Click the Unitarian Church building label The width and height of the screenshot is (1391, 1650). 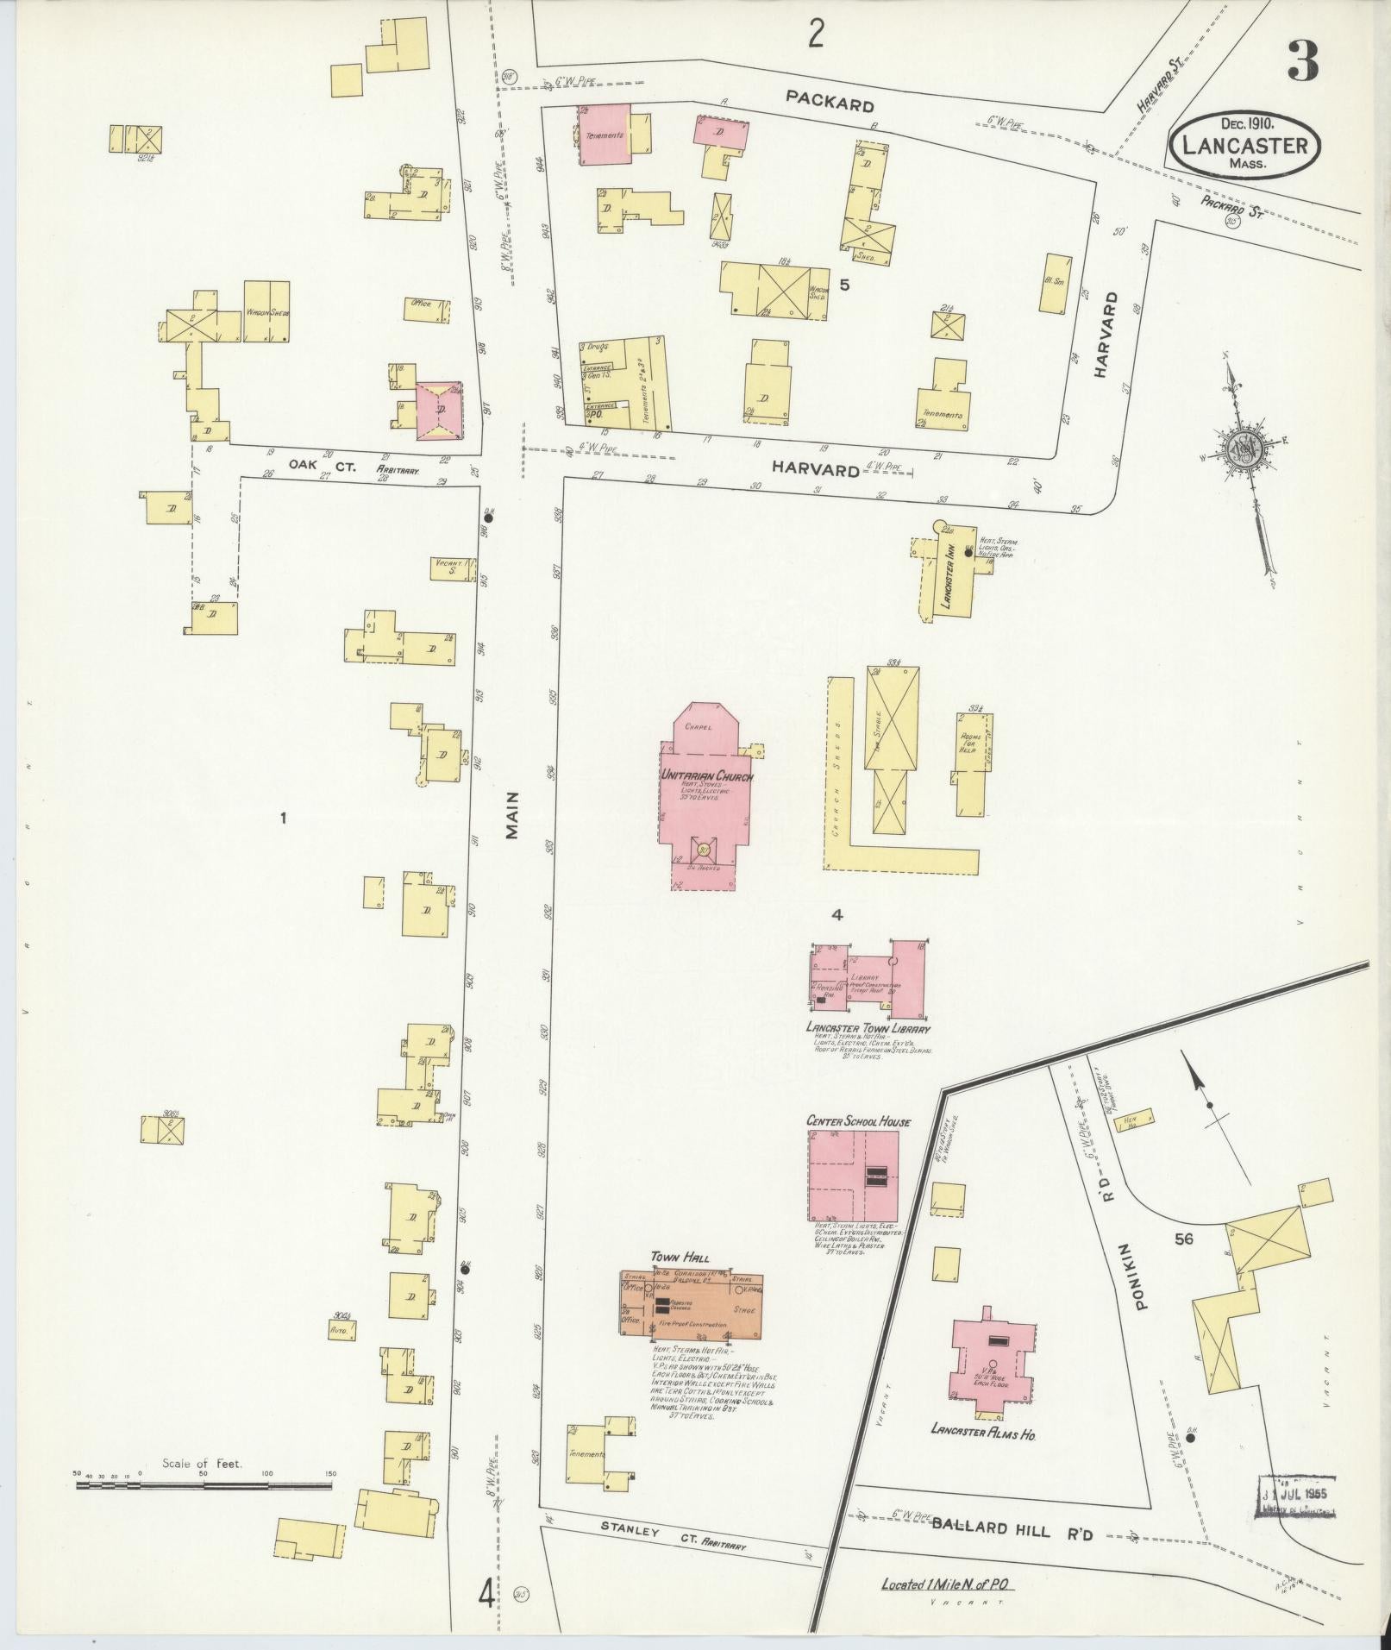pyautogui.click(x=706, y=776)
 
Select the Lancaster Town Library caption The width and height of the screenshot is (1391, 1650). pyautogui.click(x=868, y=1028)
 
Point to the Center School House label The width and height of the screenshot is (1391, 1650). pyautogui.click(x=857, y=1121)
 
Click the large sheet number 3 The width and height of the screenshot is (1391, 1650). pyautogui.click(x=1302, y=61)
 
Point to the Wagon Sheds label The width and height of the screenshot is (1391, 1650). pyautogui.click(x=266, y=311)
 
